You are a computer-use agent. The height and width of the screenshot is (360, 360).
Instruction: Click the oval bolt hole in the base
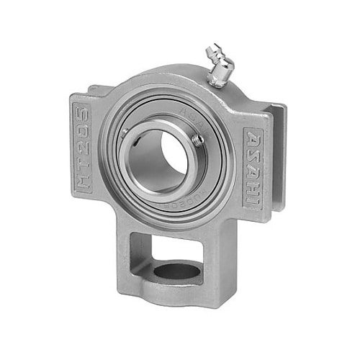pos(176,271)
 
